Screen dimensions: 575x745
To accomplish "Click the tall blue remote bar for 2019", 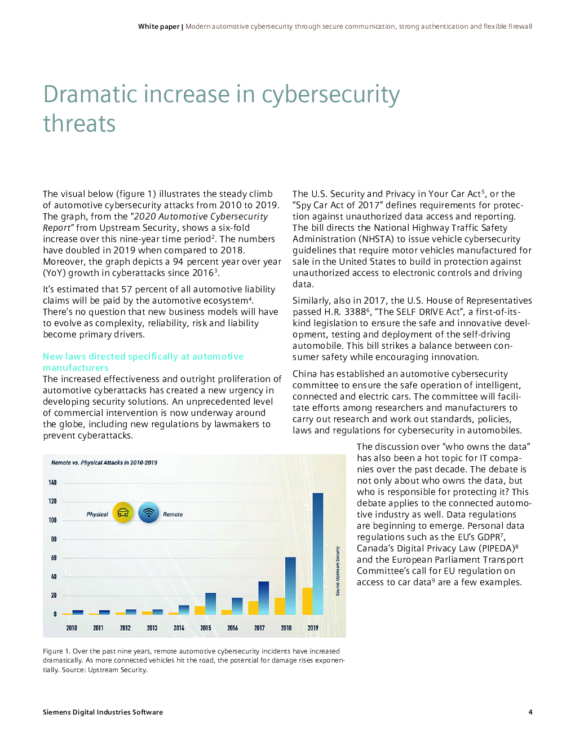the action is (x=318, y=554).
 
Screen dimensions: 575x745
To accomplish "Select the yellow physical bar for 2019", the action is (x=308, y=601).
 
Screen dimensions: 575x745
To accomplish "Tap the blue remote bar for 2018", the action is (x=290, y=586).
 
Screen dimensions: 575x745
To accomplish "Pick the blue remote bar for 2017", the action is (x=264, y=598).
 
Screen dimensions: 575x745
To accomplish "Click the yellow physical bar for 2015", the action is (x=200, y=610).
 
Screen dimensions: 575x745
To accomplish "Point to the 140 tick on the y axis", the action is (x=52, y=483).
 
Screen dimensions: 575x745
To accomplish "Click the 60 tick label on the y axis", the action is (x=54, y=558).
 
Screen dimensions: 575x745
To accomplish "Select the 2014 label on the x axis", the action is (x=179, y=628).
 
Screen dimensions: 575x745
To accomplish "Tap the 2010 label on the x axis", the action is (x=72, y=628).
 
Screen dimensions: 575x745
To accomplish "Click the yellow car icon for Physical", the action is (x=123, y=512).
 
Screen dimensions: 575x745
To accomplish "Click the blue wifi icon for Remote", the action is (x=148, y=512).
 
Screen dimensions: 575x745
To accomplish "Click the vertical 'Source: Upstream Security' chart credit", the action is (x=338, y=571).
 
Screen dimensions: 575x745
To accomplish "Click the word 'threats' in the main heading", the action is (x=79, y=124).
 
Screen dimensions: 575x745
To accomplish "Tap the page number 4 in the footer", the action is (x=530, y=712).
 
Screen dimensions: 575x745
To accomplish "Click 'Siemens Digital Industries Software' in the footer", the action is (x=103, y=712).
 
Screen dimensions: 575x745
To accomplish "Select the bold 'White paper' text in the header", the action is (x=158, y=27).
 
